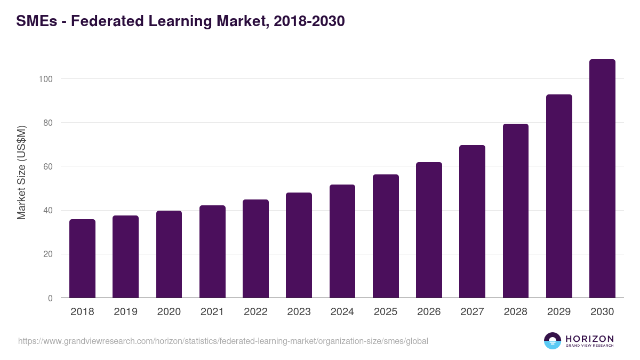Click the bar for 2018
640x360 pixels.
click(82, 259)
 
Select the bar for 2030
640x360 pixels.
click(602, 179)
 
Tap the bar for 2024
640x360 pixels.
click(342, 241)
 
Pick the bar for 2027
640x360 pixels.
click(472, 221)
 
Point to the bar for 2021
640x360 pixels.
click(212, 252)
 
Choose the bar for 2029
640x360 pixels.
click(559, 196)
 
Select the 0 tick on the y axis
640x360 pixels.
click(50, 298)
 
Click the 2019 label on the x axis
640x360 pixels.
click(125, 312)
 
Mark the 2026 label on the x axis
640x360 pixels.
click(429, 312)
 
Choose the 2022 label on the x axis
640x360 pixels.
click(255, 312)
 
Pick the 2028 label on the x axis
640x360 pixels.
click(516, 312)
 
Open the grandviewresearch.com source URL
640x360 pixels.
click(223, 341)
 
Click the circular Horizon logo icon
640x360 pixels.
click(553, 341)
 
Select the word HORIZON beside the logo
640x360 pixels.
click(589, 339)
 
